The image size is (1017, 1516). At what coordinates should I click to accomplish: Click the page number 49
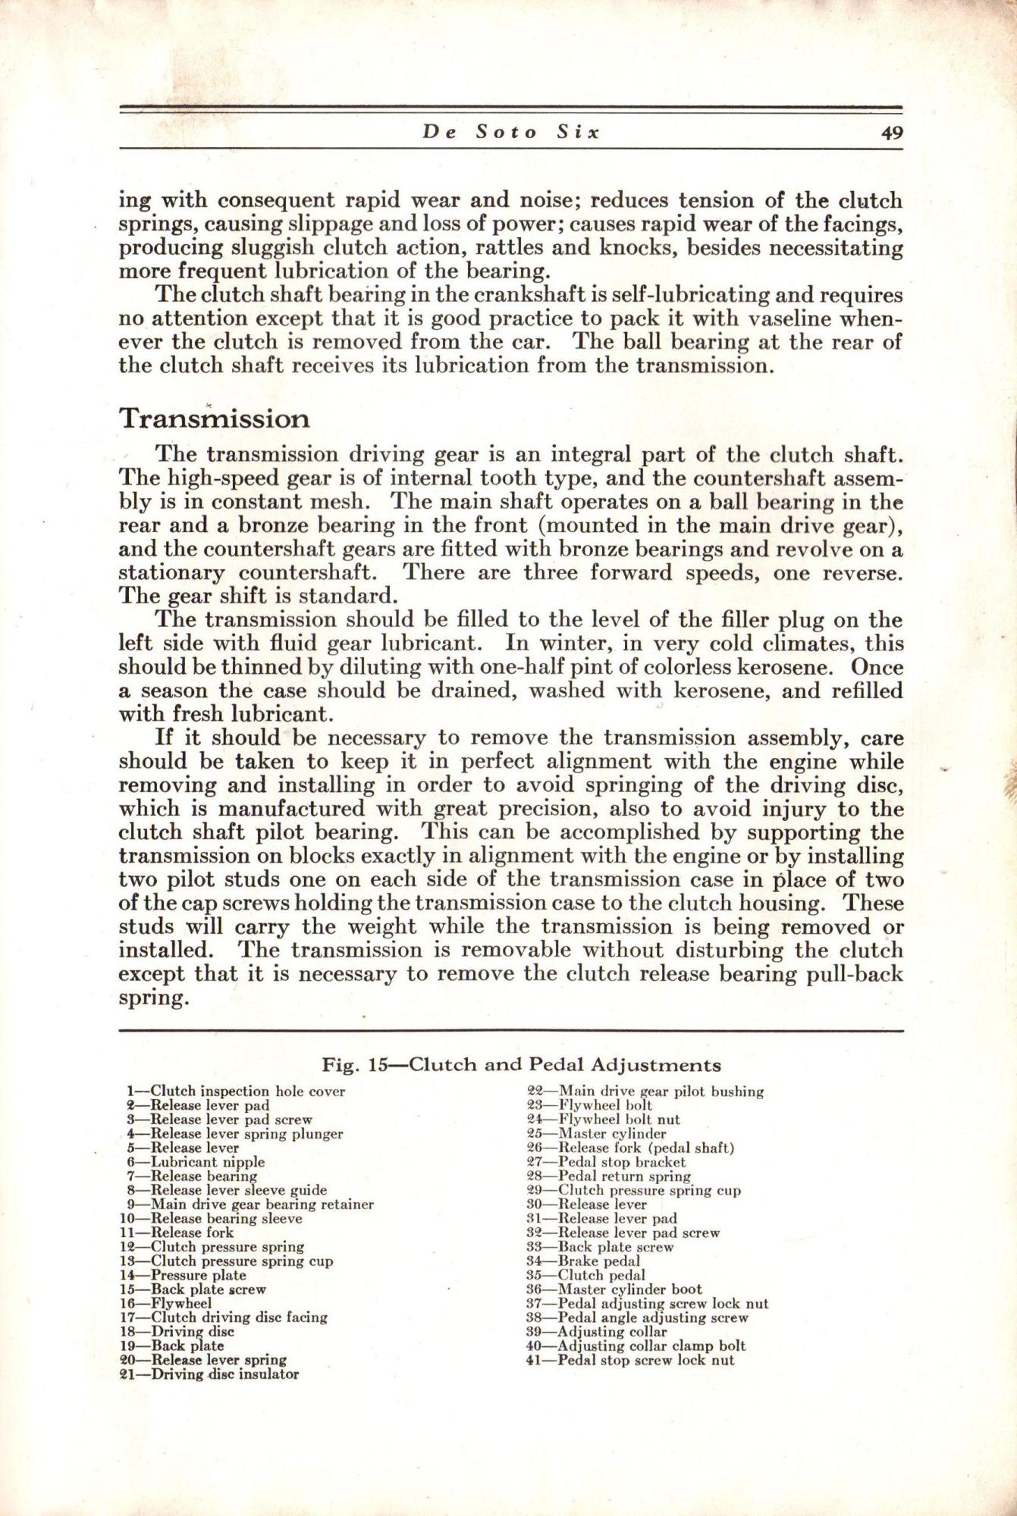(x=892, y=133)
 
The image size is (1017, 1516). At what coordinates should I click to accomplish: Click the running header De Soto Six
(x=511, y=133)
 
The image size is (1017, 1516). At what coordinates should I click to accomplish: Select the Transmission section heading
(x=214, y=418)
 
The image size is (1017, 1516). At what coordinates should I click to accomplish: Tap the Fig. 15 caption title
(x=521, y=1065)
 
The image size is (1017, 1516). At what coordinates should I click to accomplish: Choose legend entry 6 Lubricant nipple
(x=196, y=1161)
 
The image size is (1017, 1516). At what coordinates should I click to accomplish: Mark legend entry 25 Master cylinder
(x=596, y=1134)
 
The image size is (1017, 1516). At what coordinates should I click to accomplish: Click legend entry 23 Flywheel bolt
(x=589, y=1105)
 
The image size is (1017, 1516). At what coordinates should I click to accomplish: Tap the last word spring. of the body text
(x=152, y=998)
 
